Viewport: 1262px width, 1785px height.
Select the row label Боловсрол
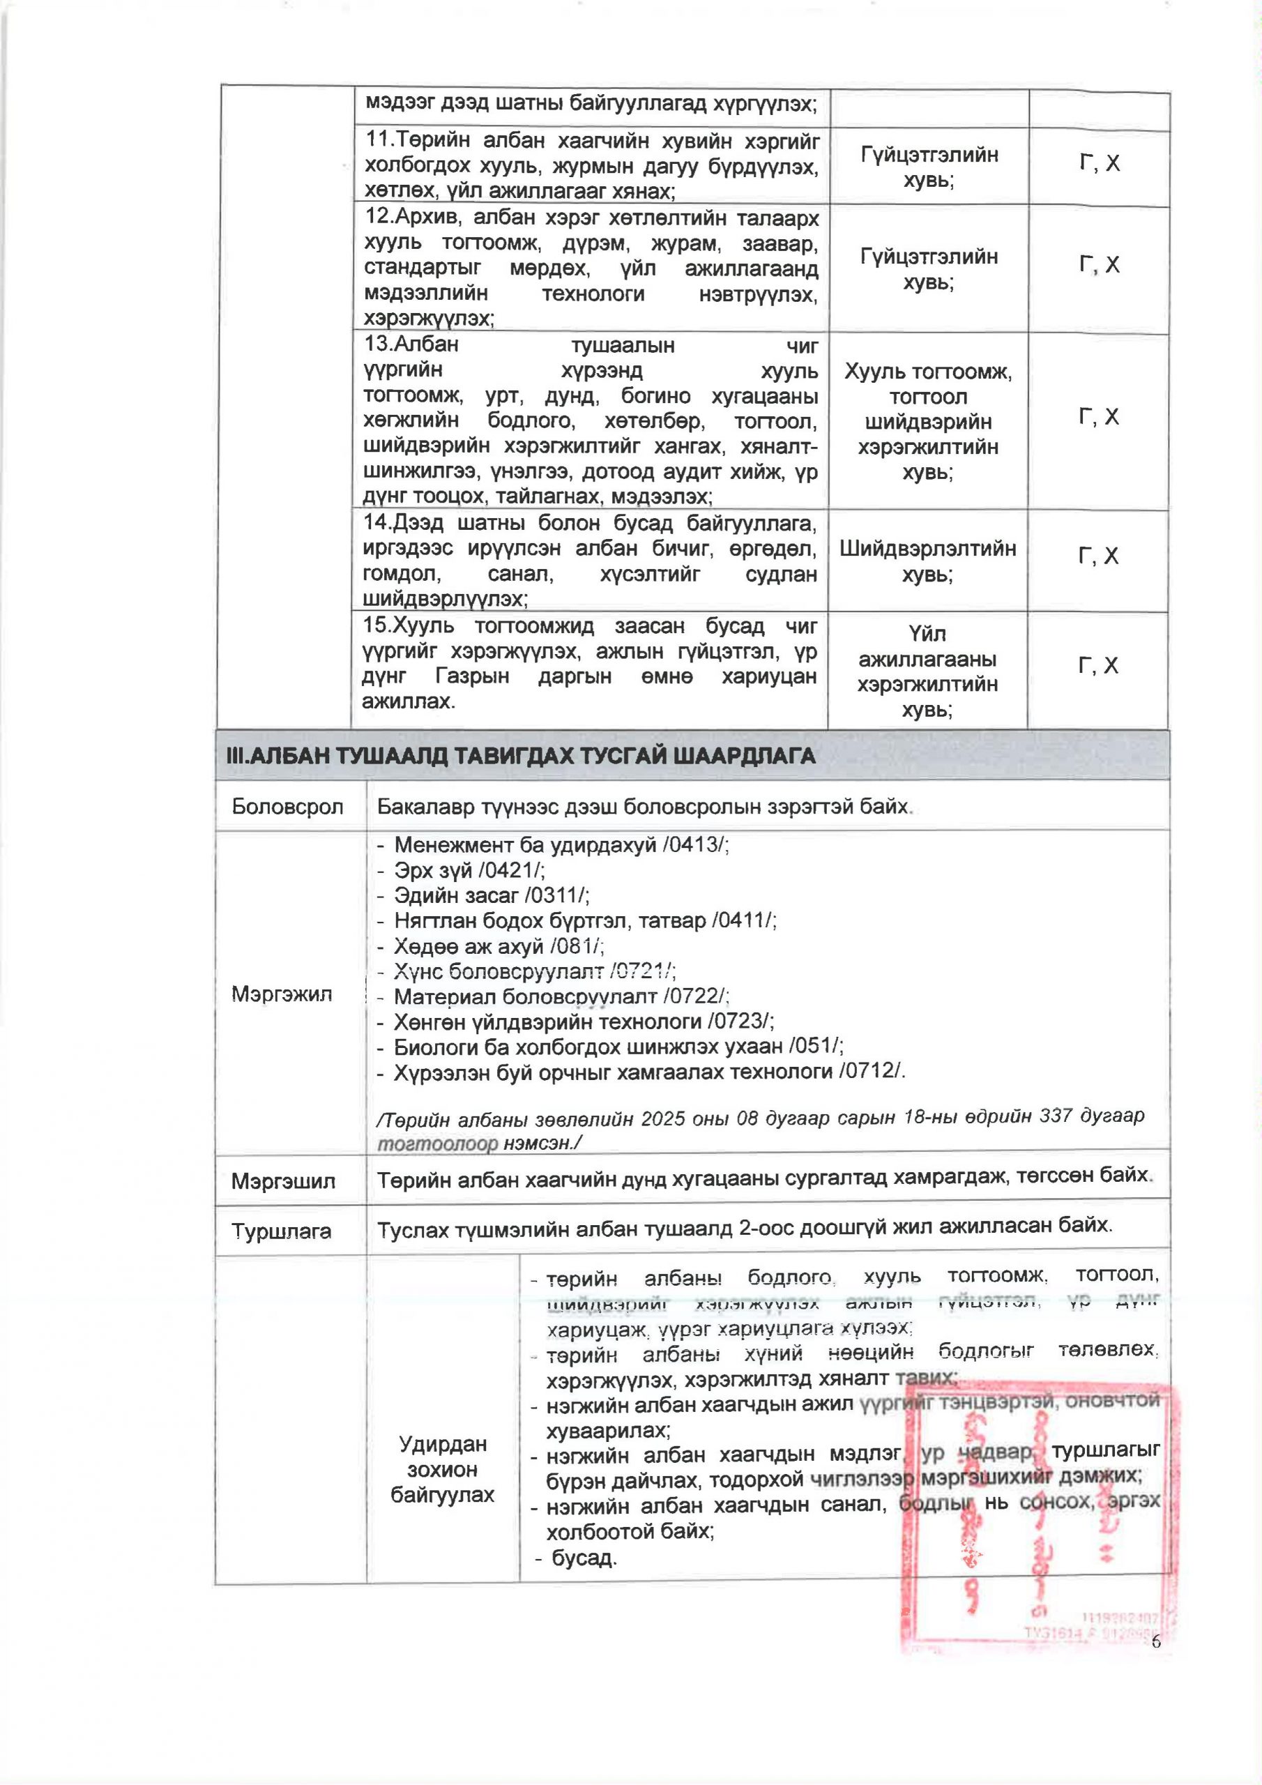coord(288,806)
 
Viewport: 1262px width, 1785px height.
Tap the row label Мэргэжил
coord(282,994)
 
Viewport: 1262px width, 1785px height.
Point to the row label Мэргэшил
coord(283,1182)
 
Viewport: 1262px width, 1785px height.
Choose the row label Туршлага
coord(281,1231)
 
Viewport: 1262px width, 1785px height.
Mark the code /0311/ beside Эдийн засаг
coord(556,895)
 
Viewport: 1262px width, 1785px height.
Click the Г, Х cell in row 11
coord(1100,164)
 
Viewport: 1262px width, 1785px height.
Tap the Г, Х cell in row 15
coord(1098,665)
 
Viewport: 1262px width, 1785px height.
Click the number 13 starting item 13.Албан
coord(379,344)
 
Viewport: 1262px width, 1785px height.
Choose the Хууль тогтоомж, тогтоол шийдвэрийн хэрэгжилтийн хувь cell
coord(927,421)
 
